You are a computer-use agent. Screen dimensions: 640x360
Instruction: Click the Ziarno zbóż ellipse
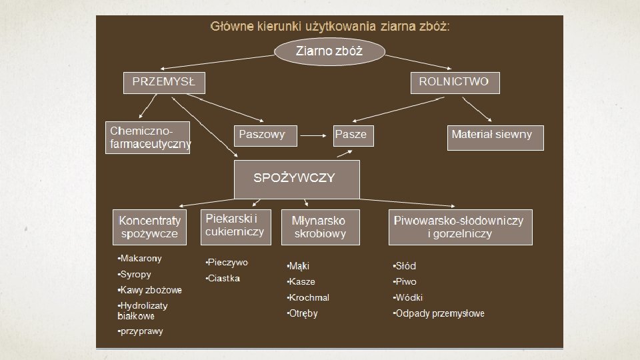pyautogui.click(x=329, y=51)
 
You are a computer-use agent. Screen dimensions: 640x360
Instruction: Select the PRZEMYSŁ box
pyautogui.click(x=164, y=83)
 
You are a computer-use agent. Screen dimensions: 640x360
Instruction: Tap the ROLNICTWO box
pyautogui.click(x=455, y=83)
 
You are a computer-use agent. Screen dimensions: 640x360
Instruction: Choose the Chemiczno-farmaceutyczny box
pyautogui.click(x=148, y=137)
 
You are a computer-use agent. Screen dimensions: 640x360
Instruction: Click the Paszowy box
pyautogui.click(x=265, y=136)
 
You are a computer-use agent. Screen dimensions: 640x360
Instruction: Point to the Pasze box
pyautogui.click(x=353, y=136)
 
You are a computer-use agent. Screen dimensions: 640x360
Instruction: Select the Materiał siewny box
pyautogui.click(x=495, y=138)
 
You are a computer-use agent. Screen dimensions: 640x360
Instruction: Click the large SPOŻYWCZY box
pyautogui.click(x=297, y=179)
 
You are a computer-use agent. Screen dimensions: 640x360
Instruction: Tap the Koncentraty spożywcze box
pyautogui.click(x=149, y=227)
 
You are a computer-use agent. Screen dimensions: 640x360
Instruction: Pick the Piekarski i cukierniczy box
pyautogui.click(x=236, y=227)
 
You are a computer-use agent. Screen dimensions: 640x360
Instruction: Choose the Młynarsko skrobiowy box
pyautogui.click(x=321, y=227)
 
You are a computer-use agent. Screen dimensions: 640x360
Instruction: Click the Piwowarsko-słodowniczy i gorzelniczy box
pyautogui.click(x=461, y=227)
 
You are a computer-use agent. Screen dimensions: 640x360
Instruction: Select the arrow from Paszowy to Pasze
pyautogui.click(x=313, y=135)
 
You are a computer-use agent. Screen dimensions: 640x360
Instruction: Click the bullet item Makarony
pyautogui.click(x=139, y=259)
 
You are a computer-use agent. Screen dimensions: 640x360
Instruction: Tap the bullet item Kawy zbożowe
pyautogui.click(x=150, y=290)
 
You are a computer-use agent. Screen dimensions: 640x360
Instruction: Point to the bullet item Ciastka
pyautogui.click(x=223, y=279)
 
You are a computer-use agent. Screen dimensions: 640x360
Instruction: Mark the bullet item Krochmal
pyautogui.click(x=308, y=297)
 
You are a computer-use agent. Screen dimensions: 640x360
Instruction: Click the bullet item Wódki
pyautogui.click(x=408, y=297)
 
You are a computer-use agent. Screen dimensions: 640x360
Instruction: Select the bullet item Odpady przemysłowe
pyautogui.click(x=439, y=313)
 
